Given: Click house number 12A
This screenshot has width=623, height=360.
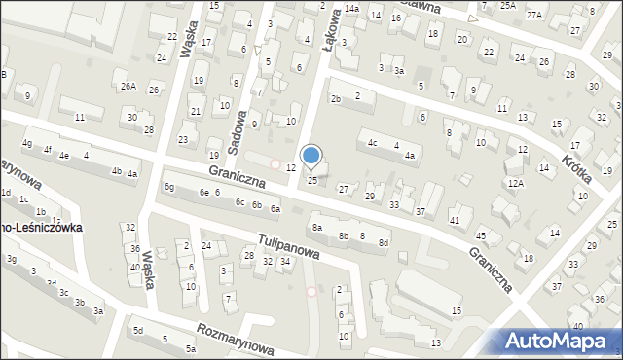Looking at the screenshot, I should pyautogui.click(x=516, y=183).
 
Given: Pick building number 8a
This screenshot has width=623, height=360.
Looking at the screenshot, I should pyautogui.click(x=316, y=228).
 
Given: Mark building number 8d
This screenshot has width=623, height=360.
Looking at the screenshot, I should pyautogui.click(x=384, y=242).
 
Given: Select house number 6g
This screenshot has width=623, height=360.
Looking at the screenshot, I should pyautogui.click(x=169, y=187).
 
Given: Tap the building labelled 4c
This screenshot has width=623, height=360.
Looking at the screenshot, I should pyautogui.click(x=372, y=143).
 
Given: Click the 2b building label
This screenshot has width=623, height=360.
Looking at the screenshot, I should pyautogui.click(x=336, y=99).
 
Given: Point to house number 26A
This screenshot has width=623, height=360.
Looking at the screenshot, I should pyautogui.click(x=128, y=86).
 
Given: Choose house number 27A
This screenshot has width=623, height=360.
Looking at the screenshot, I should pyautogui.click(x=534, y=16).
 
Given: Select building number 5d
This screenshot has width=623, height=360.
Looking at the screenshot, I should pyautogui.click(x=137, y=331).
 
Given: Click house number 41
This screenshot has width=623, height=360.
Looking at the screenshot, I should pyautogui.click(x=455, y=221).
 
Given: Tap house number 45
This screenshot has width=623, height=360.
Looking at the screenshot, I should pyautogui.click(x=480, y=236).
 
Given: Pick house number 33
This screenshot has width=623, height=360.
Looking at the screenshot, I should pyautogui.click(x=394, y=204).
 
